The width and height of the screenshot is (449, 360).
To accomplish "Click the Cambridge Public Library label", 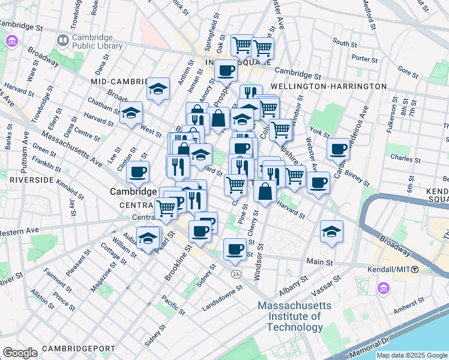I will point(97,41).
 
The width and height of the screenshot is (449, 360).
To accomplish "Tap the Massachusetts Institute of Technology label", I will point(289,316).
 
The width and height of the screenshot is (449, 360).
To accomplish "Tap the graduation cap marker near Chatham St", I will point(131,112).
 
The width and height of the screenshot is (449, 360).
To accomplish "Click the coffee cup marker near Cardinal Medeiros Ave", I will point(339,148).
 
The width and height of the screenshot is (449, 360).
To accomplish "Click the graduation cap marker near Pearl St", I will point(148,238).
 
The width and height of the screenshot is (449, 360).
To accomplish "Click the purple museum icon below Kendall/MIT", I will point(383,289).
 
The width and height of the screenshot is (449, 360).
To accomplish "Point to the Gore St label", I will point(408,72).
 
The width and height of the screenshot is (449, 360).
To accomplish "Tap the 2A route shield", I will point(236,274).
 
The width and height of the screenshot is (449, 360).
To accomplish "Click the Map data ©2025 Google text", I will point(412,355).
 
